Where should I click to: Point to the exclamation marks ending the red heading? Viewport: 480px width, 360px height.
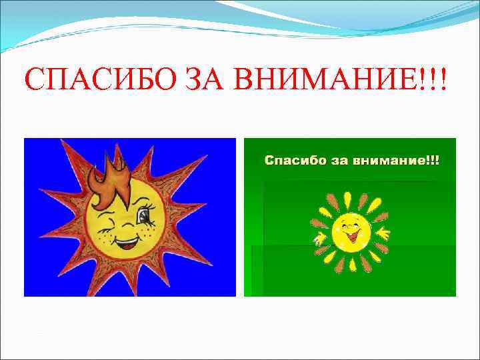pos(437,81)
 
